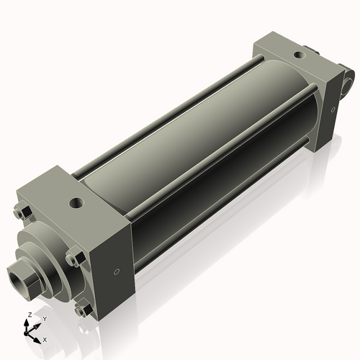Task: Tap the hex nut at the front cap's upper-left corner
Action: pos(20,212)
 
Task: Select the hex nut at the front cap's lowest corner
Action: pos(83,310)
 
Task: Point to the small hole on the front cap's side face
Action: pos(116,272)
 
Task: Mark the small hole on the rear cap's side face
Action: pos(333,109)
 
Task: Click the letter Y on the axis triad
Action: pos(45,318)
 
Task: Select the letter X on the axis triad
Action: pos(45,338)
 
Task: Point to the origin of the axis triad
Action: pos(30,332)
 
